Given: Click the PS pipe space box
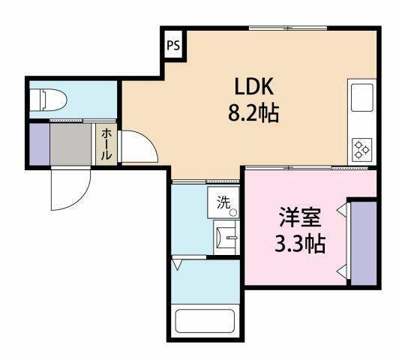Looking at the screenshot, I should (173, 45).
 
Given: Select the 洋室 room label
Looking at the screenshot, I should (300, 219).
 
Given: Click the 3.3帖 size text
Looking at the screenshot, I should (300, 244).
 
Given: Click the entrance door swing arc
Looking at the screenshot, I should (69, 191).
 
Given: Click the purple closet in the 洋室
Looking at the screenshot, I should (363, 242).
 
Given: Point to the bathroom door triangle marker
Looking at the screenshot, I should (177, 264).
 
